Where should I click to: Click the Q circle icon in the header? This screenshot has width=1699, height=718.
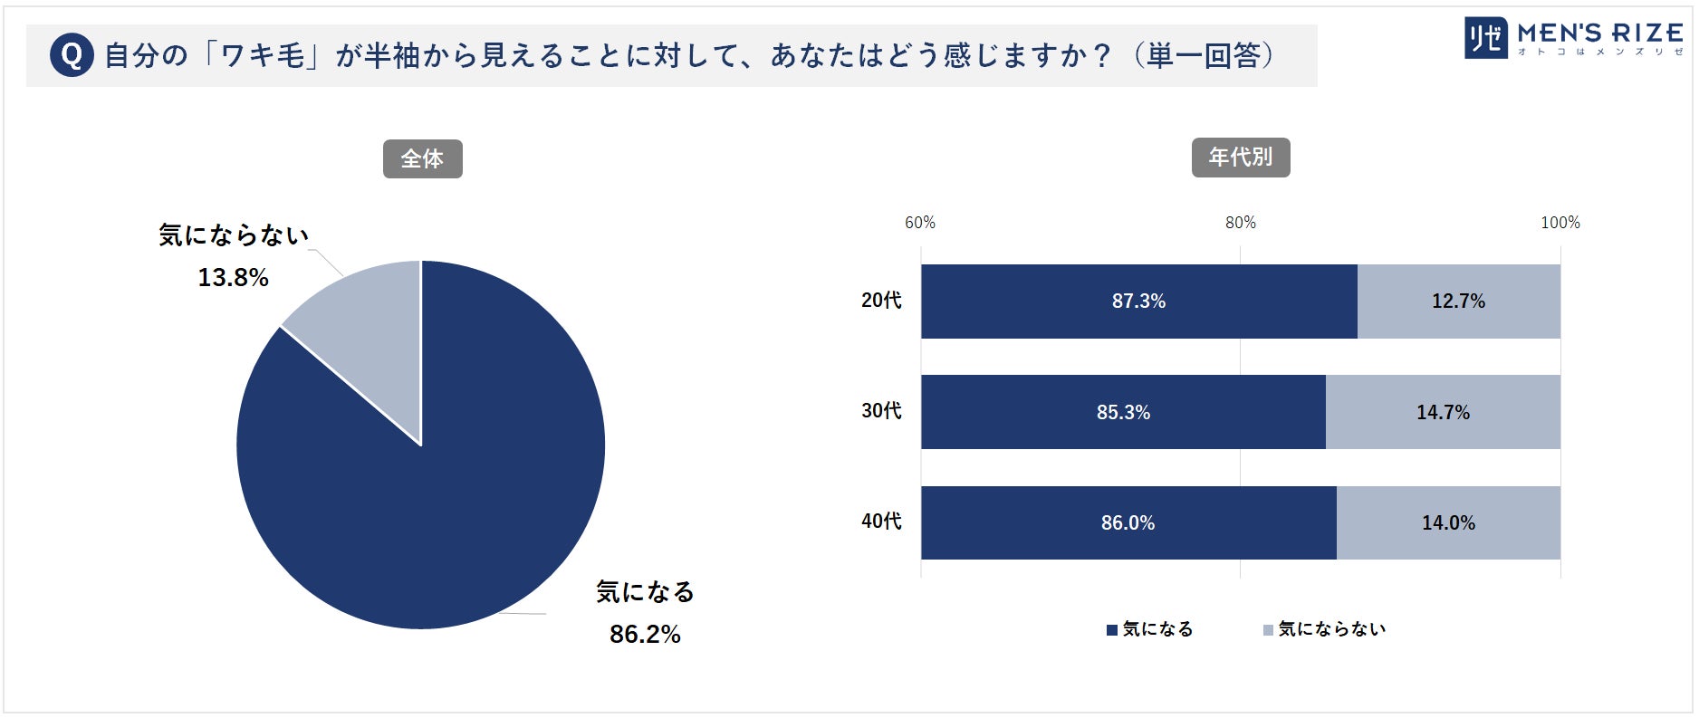tap(72, 55)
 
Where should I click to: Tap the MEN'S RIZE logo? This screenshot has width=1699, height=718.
tap(1574, 38)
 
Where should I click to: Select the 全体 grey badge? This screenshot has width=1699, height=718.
tap(422, 159)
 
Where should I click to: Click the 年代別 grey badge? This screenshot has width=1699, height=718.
tap(1240, 158)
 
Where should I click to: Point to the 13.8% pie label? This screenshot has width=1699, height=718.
tap(233, 278)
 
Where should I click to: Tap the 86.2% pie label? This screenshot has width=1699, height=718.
tap(645, 634)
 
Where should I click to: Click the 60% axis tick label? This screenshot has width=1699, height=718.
tap(920, 223)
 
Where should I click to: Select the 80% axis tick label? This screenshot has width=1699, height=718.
tap(1240, 223)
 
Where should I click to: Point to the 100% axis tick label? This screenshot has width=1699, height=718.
tap(1560, 223)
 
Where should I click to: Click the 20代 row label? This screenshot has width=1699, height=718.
tap(881, 301)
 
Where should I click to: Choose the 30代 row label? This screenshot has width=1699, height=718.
tap(881, 411)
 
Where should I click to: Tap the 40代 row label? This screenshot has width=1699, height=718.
tap(881, 522)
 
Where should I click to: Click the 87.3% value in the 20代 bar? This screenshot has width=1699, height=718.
tap(1138, 302)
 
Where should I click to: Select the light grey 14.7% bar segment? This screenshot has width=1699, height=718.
tap(1443, 413)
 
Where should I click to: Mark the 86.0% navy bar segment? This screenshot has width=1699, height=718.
tap(1128, 523)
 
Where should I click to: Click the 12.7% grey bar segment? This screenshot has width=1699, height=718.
tap(1458, 302)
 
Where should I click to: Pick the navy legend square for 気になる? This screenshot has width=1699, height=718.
tap(1112, 630)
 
